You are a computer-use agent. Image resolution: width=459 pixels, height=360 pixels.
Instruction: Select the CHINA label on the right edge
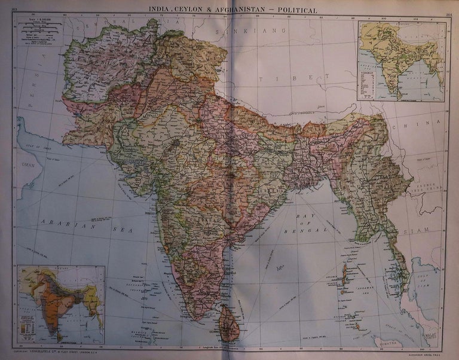pyautogui.click(x=422, y=127)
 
